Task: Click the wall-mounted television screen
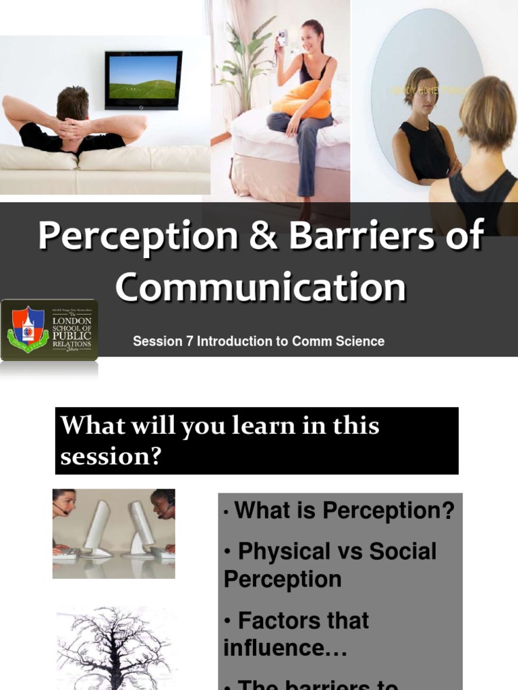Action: click(x=143, y=80)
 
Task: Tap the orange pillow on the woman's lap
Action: click(x=302, y=100)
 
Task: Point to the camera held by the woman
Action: click(x=282, y=38)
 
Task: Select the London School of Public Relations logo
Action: click(x=49, y=330)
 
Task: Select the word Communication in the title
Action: click(x=260, y=287)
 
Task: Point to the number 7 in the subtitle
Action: click(x=190, y=342)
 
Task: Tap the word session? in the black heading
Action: click(x=111, y=456)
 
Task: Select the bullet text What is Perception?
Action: click(x=344, y=511)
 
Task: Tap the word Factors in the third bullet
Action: click(x=304, y=620)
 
